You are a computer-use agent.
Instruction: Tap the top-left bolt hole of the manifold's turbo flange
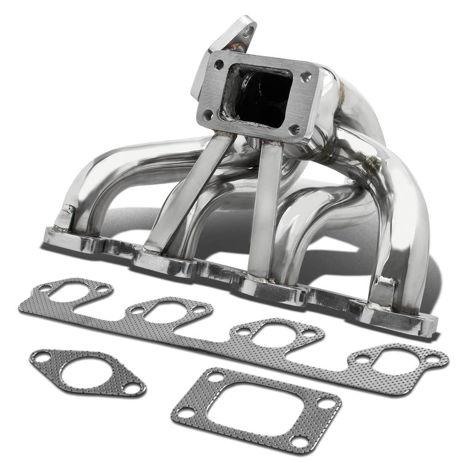[219, 64]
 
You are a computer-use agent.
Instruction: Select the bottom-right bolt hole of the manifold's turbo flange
[294, 129]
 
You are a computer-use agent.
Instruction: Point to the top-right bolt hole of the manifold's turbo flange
[306, 76]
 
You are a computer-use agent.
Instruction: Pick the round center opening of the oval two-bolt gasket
[86, 373]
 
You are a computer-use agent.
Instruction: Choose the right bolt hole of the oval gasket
[131, 389]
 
